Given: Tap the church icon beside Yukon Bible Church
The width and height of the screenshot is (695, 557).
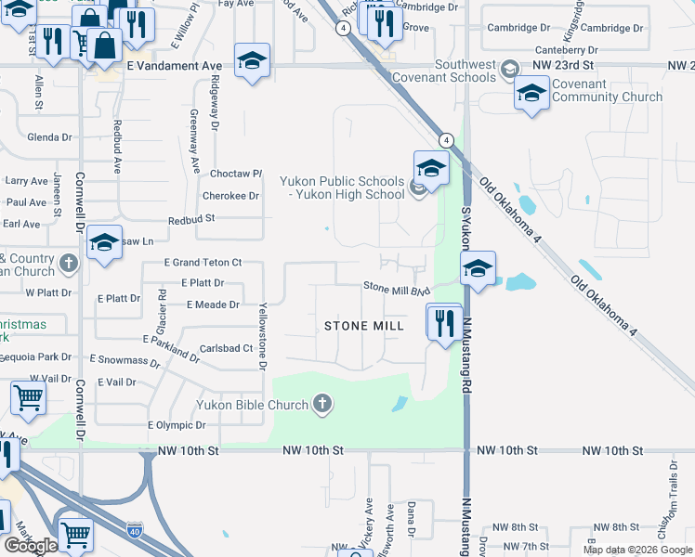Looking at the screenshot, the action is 322,404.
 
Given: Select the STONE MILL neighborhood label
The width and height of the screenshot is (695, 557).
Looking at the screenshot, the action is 364,326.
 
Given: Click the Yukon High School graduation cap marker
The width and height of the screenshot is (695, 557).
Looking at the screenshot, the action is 431,168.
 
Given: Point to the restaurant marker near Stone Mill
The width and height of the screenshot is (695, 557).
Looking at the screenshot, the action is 444,323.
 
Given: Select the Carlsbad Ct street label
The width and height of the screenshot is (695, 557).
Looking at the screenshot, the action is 227,349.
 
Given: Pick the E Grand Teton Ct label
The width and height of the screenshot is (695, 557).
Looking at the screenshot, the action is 203,264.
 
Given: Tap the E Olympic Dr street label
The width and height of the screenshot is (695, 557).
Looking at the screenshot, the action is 177,425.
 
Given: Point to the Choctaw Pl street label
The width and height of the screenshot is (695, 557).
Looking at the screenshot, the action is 237,174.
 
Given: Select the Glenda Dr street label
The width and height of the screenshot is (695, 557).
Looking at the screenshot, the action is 49,137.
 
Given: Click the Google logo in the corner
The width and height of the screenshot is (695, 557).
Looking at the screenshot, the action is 30,546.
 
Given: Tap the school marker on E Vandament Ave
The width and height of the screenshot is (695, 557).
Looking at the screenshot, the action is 252,62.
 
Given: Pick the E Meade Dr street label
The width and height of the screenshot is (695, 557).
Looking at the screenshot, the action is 213,304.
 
